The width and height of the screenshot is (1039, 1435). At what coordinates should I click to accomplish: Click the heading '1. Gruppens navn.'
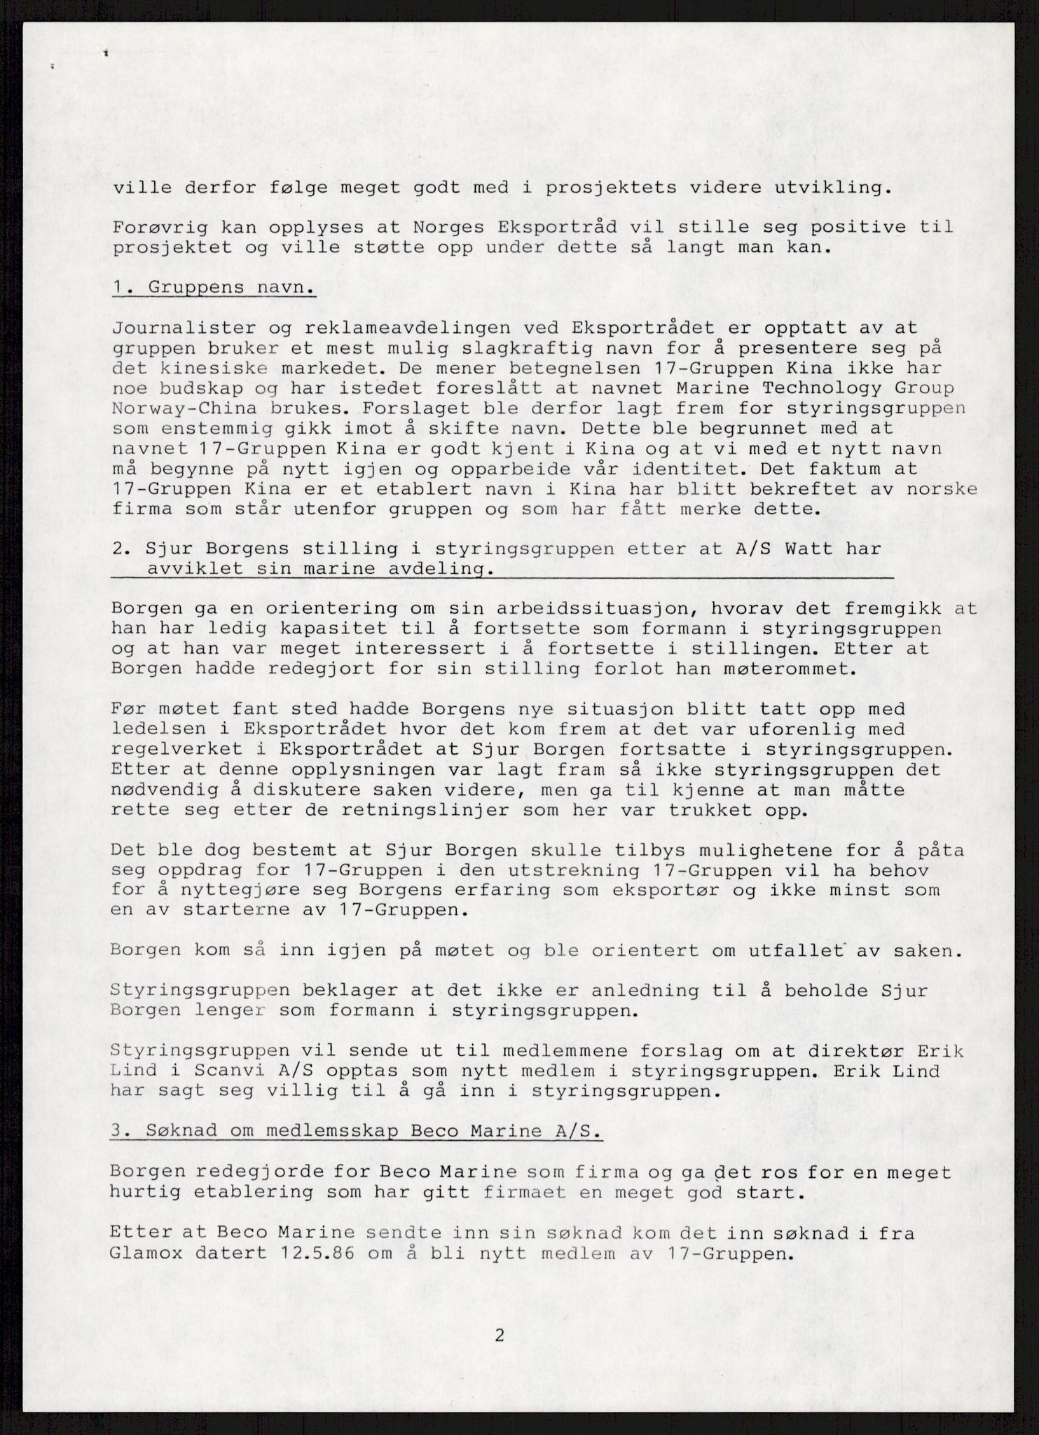tap(214, 288)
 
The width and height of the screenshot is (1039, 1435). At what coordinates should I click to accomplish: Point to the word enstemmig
tap(214, 429)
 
